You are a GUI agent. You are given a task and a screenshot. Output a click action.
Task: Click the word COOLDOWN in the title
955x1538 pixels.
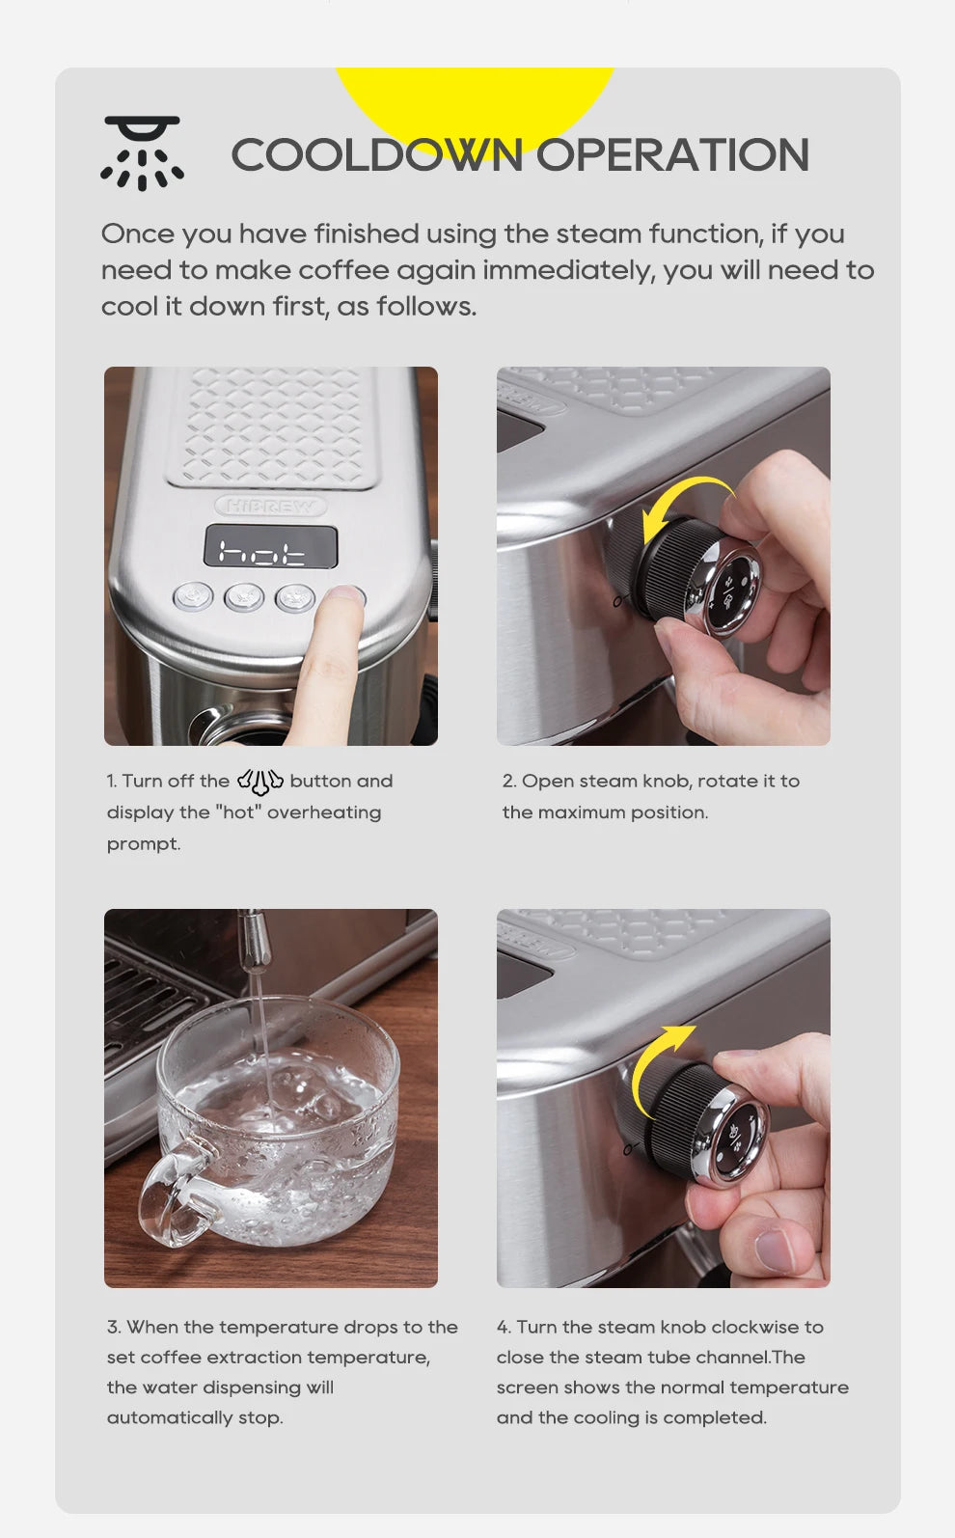point(377,155)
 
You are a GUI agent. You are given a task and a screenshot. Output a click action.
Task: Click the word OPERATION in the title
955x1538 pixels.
point(672,155)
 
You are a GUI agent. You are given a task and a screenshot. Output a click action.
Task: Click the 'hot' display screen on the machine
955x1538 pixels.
point(270,548)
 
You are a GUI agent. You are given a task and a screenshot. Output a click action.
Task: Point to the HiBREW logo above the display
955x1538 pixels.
point(271,505)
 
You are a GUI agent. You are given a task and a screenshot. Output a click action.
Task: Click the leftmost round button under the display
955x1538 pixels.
point(193,596)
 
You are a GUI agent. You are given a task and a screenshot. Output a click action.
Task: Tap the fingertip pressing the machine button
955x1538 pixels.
point(341,600)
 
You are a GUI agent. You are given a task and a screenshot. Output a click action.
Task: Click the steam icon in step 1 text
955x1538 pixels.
point(259,781)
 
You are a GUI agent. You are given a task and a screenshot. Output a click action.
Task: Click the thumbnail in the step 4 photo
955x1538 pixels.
point(778,1250)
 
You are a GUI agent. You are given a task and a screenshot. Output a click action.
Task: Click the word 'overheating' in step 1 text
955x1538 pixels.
point(324,812)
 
